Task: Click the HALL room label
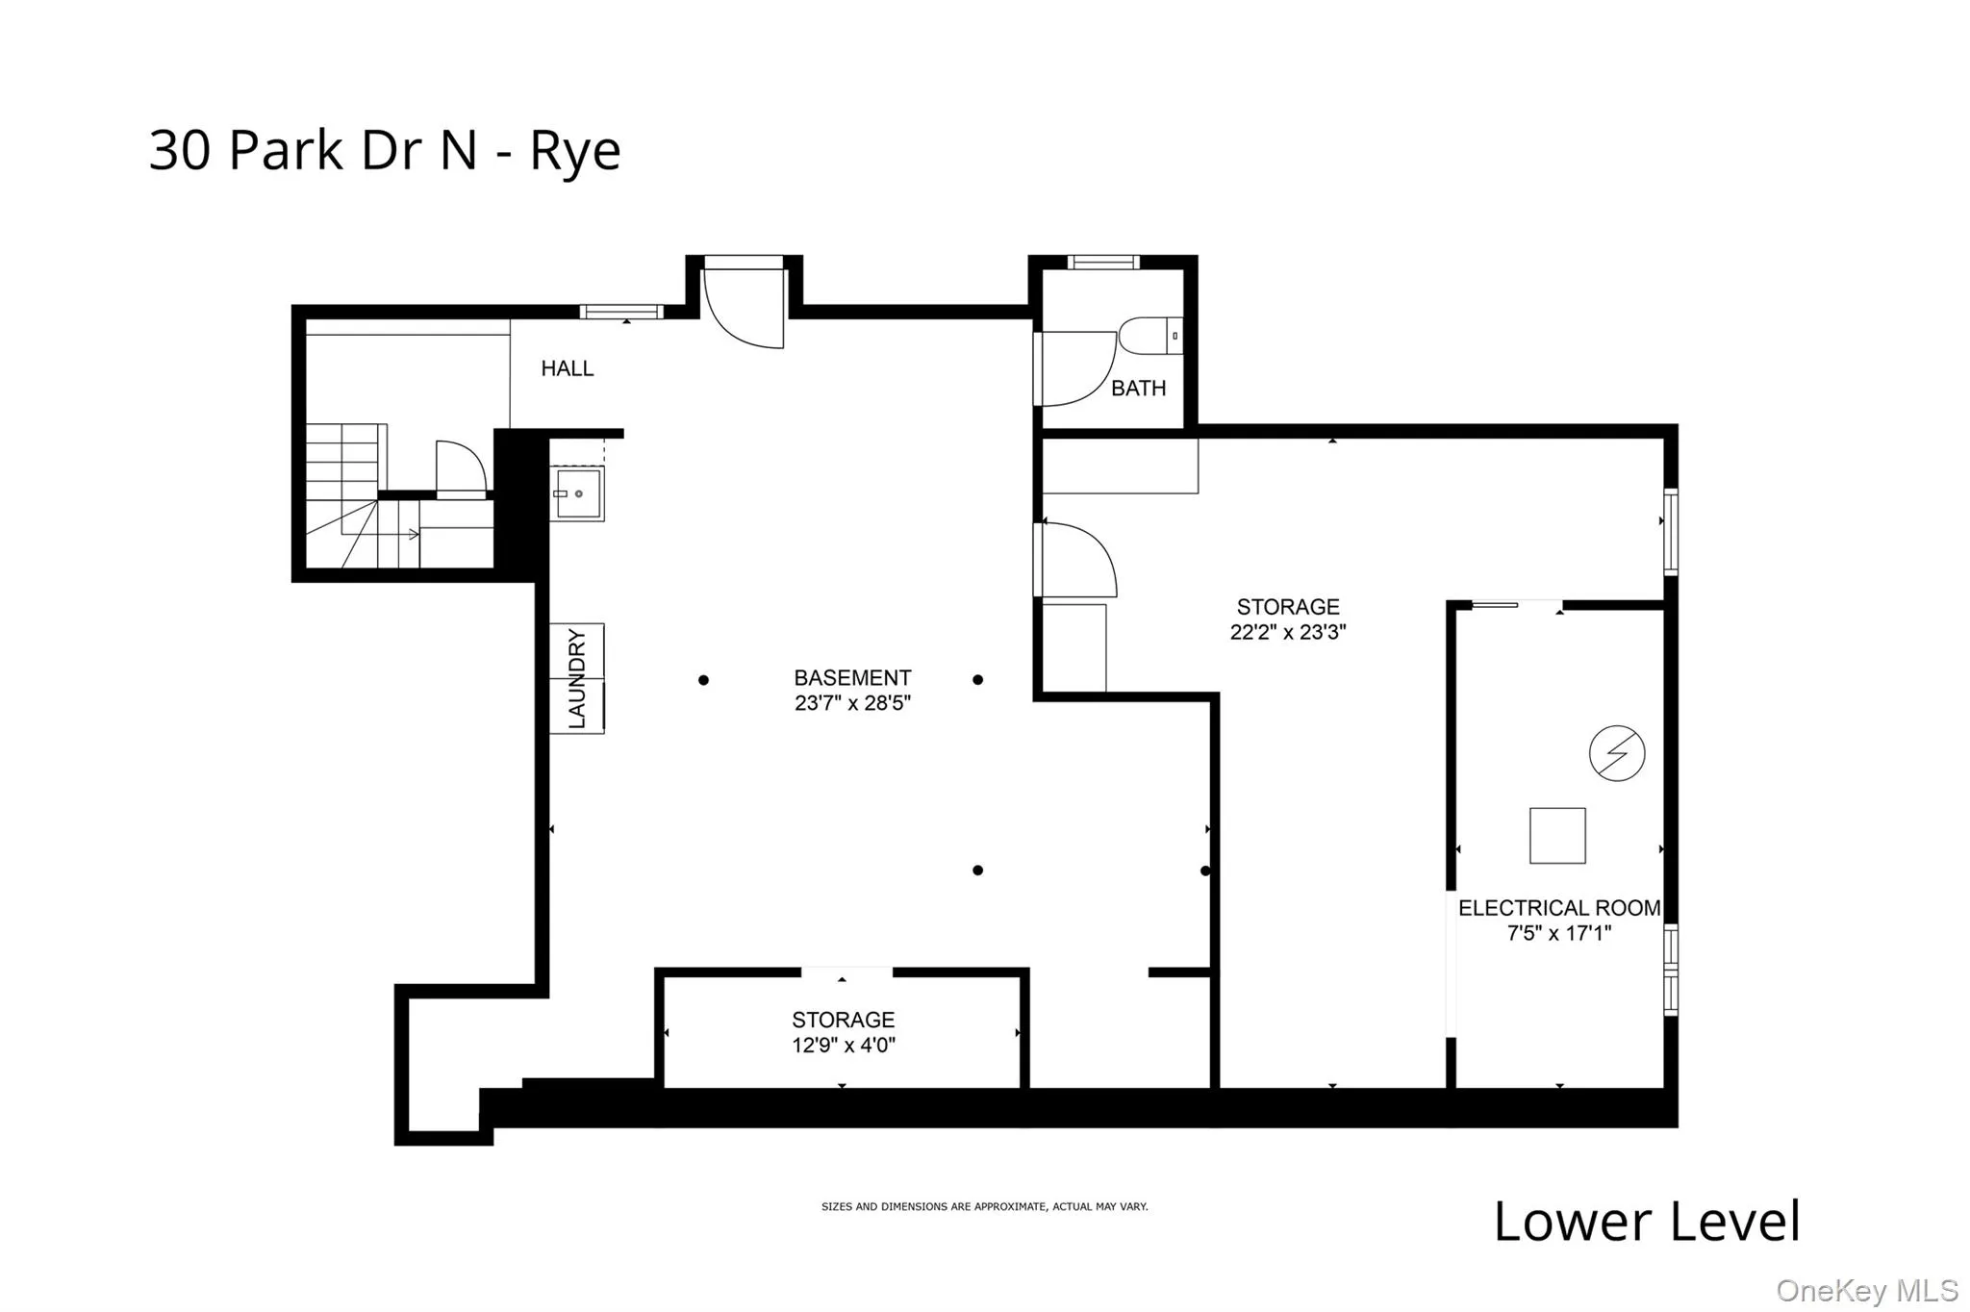tap(567, 368)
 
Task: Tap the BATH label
tap(1138, 389)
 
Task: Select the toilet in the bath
tap(1147, 337)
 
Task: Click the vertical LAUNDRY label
tap(577, 678)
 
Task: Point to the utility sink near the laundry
tap(577, 493)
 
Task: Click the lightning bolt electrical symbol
tap(1616, 753)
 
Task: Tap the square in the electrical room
tap(1557, 835)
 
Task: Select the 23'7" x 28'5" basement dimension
tap(852, 703)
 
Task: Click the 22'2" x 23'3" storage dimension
tap(1287, 632)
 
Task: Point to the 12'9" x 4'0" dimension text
tap(844, 1046)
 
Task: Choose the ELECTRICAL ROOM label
tap(1558, 908)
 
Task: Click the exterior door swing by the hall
tap(745, 308)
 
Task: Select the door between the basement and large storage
tap(1075, 560)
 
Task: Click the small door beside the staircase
tap(461, 470)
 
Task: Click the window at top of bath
tap(1102, 262)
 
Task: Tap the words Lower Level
tap(1646, 1222)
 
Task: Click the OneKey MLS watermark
tap(1866, 1290)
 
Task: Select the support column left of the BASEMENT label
tap(703, 680)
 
